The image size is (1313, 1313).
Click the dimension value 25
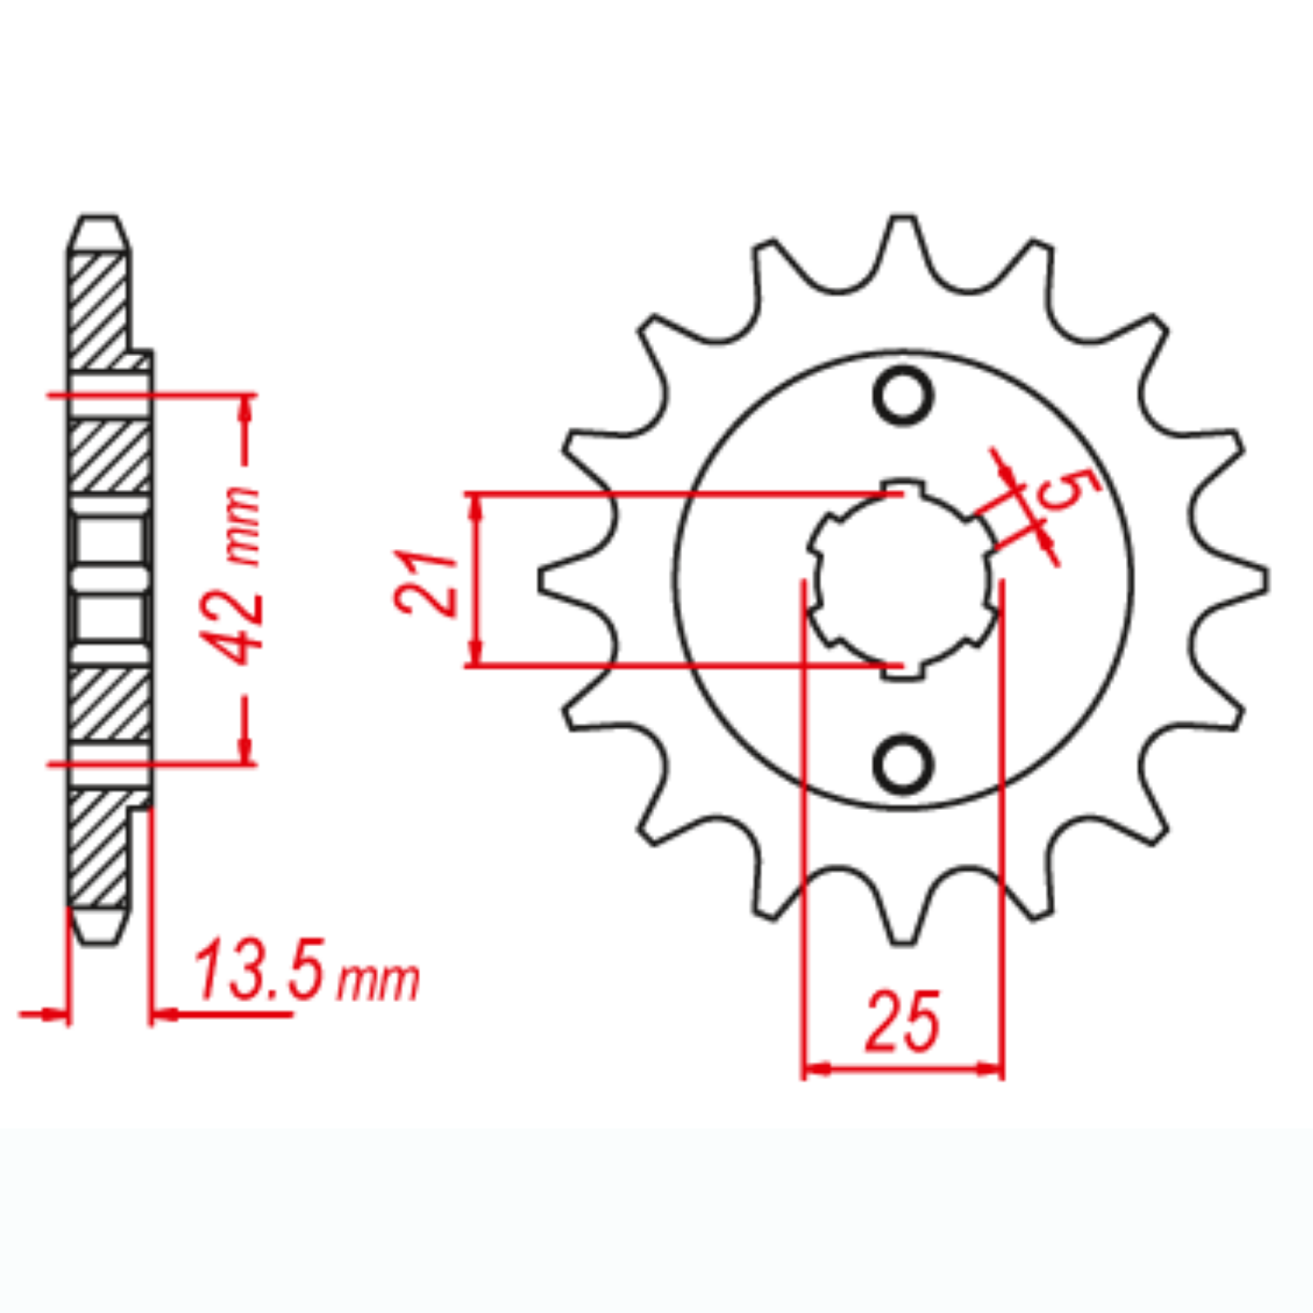(903, 1022)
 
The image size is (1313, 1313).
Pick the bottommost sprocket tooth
(903, 931)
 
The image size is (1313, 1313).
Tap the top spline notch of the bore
(903, 487)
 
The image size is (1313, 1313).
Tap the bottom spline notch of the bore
(903, 671)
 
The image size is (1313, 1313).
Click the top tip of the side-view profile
(98, 220)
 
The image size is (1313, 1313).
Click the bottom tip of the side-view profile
(98, 940)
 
